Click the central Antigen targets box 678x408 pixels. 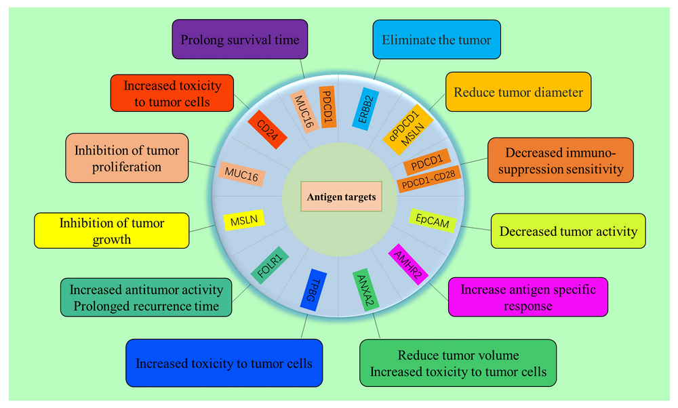[339, 197]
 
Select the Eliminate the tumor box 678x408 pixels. [437, 40]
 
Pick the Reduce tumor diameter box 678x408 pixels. [518, 92]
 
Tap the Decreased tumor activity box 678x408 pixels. [568, 231]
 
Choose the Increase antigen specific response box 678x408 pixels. [527, 297]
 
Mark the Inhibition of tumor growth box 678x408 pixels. [111, 230]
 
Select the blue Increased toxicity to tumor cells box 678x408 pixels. [224, 363]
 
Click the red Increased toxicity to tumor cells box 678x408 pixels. [172, 94]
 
